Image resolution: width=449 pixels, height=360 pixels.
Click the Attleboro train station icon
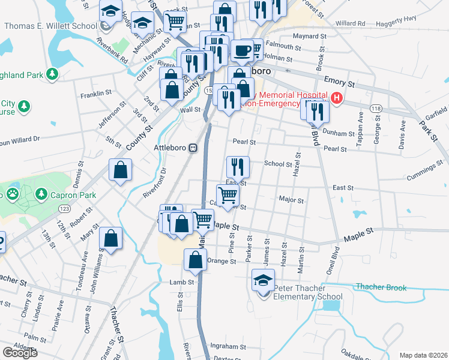(x=193, y=148)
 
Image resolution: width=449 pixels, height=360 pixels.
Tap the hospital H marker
(x=337, y=98)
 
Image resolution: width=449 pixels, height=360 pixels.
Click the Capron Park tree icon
(x=41, y=194)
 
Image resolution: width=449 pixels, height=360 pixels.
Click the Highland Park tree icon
(x=53, y=74)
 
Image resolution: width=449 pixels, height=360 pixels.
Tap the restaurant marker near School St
(x=238, y=167)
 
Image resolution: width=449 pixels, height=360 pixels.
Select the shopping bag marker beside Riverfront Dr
(x=120, y=170)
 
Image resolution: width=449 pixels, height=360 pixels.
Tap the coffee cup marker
(x=243, y=52)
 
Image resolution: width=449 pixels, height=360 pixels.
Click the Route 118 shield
(x=376, y=109)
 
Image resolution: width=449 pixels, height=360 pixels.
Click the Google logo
(x=20, y=353)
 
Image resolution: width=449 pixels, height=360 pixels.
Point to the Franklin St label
(x=96, y=94)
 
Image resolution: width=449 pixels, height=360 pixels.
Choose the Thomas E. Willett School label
(x=50, y=26)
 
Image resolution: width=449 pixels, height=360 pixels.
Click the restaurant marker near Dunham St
(x=317, y=111)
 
